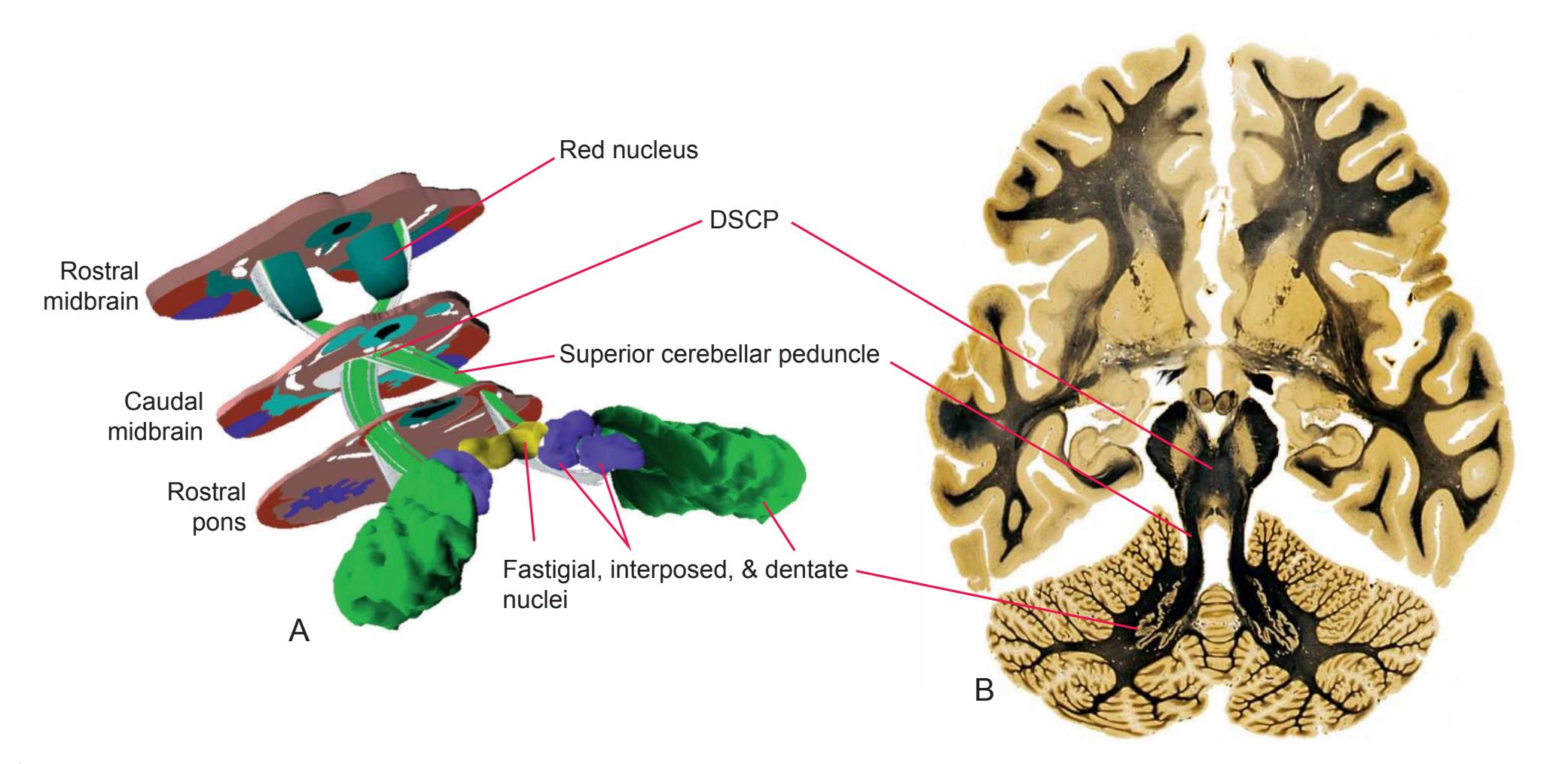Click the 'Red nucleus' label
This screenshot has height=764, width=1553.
pyautogui.click(x=628, y=151)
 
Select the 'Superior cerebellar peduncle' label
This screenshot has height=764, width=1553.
pyautogui.click(x=719, y=354)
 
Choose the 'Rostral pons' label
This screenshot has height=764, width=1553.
pyautogui.click(x=206, y=507)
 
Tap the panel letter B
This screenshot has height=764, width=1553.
pyautogui.click(x=984, y=689)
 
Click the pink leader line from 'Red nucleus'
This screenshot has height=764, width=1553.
pyautogui.click(x=474, y=203)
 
